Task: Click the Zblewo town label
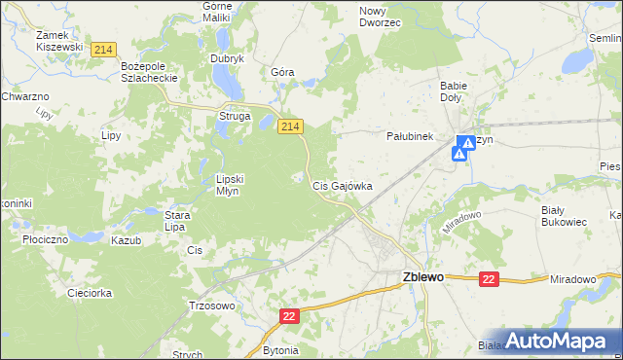coord(422,277)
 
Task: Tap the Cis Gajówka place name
coord(341,185)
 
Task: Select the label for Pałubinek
coord(410,137)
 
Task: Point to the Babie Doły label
coord(454,91)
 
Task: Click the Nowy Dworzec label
coord(380,16)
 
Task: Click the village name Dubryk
coord(227,58)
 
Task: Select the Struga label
coord(235,117)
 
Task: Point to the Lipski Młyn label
coord(234,185)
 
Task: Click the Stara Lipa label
coord(175,221)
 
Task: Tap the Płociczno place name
coord(43,238)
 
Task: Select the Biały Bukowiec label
coord(564,215)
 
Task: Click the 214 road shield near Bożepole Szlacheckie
coord(101,49)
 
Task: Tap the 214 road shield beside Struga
coord(291,126)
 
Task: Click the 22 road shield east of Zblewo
coord(489,279)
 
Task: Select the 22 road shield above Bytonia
coord(289,316)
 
